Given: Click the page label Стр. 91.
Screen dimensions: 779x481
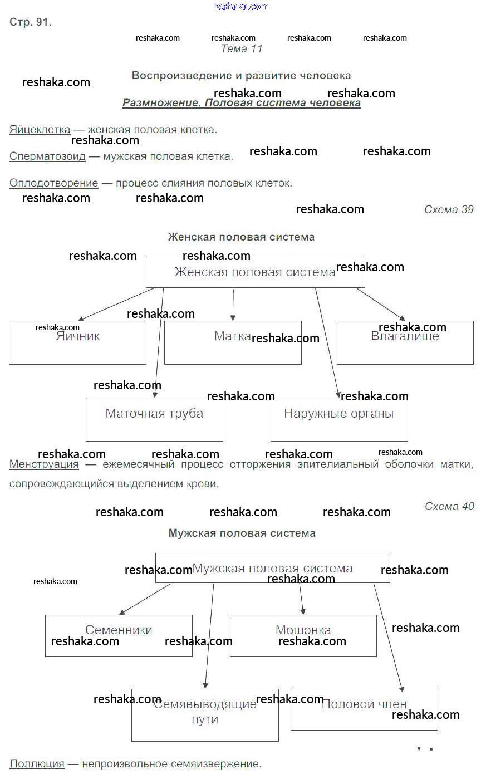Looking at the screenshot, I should [31, 22].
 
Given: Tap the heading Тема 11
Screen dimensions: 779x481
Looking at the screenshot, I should [241, 48].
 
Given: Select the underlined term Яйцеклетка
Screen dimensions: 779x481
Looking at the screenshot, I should [40, 130].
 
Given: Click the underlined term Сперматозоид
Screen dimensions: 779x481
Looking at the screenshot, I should [47, 156].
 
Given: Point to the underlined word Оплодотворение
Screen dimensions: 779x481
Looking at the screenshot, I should [53, 183].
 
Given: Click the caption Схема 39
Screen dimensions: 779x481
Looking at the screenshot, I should [449, 209].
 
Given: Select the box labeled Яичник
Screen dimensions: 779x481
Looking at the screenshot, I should [77, 342].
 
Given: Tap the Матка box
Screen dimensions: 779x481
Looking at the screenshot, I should [233, 342].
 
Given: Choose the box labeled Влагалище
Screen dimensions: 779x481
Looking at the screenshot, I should [405, 342].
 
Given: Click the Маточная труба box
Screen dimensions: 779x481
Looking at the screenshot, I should [154, 419].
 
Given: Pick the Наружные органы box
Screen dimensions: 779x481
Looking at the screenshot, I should [338, 419].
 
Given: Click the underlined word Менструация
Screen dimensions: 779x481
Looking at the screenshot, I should [44, 464].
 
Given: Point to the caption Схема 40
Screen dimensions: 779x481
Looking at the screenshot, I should [449, 506].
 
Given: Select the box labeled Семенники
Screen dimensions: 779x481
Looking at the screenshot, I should [119, 635].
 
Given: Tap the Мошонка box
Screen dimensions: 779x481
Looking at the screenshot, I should [303, 635].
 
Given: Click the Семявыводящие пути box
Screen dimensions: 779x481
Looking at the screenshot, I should [205, 714].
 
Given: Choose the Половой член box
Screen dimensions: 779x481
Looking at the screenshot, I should [364, 709].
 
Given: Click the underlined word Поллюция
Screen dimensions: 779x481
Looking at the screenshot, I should [37, 764].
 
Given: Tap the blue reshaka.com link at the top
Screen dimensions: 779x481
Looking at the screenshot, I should [240, 6].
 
